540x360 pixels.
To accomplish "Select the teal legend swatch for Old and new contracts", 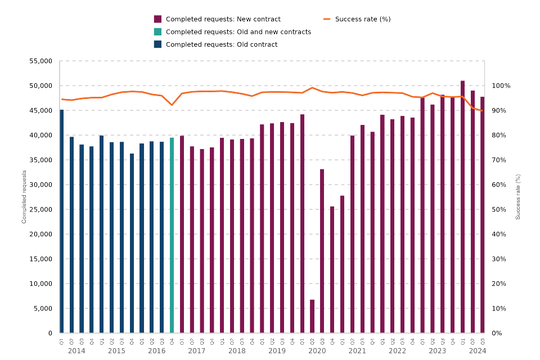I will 158,32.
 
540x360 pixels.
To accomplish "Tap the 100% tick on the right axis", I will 502,85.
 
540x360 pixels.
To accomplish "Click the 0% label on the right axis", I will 498,333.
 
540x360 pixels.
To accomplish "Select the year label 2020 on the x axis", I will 317,351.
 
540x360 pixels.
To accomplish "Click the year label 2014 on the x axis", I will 76,351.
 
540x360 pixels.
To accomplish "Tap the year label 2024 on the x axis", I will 477,351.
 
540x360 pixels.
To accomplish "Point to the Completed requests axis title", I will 24,197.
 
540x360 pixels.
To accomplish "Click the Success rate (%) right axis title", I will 518,197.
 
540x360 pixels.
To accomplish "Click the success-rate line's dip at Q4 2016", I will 172,105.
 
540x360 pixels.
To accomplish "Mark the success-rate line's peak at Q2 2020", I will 312,88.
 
